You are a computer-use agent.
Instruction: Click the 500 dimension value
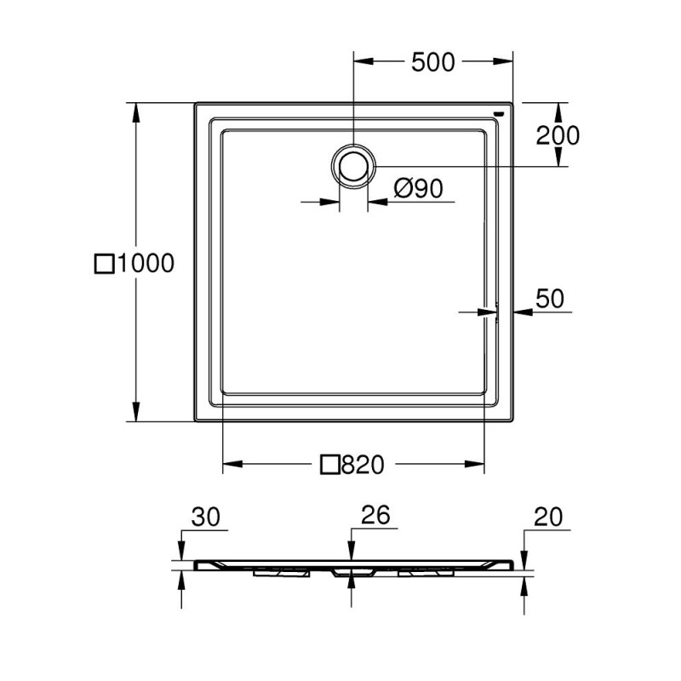tap(432, 61)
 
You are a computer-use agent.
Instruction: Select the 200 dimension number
tap(558, 135)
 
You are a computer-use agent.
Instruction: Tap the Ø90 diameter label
tap(419, 188)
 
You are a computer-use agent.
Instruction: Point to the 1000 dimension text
tap(146, 263)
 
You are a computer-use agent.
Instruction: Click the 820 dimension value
tap(363, 464)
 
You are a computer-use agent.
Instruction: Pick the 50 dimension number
tap(550, 299)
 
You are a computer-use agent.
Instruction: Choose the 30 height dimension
tap(206, 517)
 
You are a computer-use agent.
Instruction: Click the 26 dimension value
tap(376, 515)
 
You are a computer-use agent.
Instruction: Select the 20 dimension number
tap(548, 517)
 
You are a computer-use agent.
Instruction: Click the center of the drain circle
tap(353, 166)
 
